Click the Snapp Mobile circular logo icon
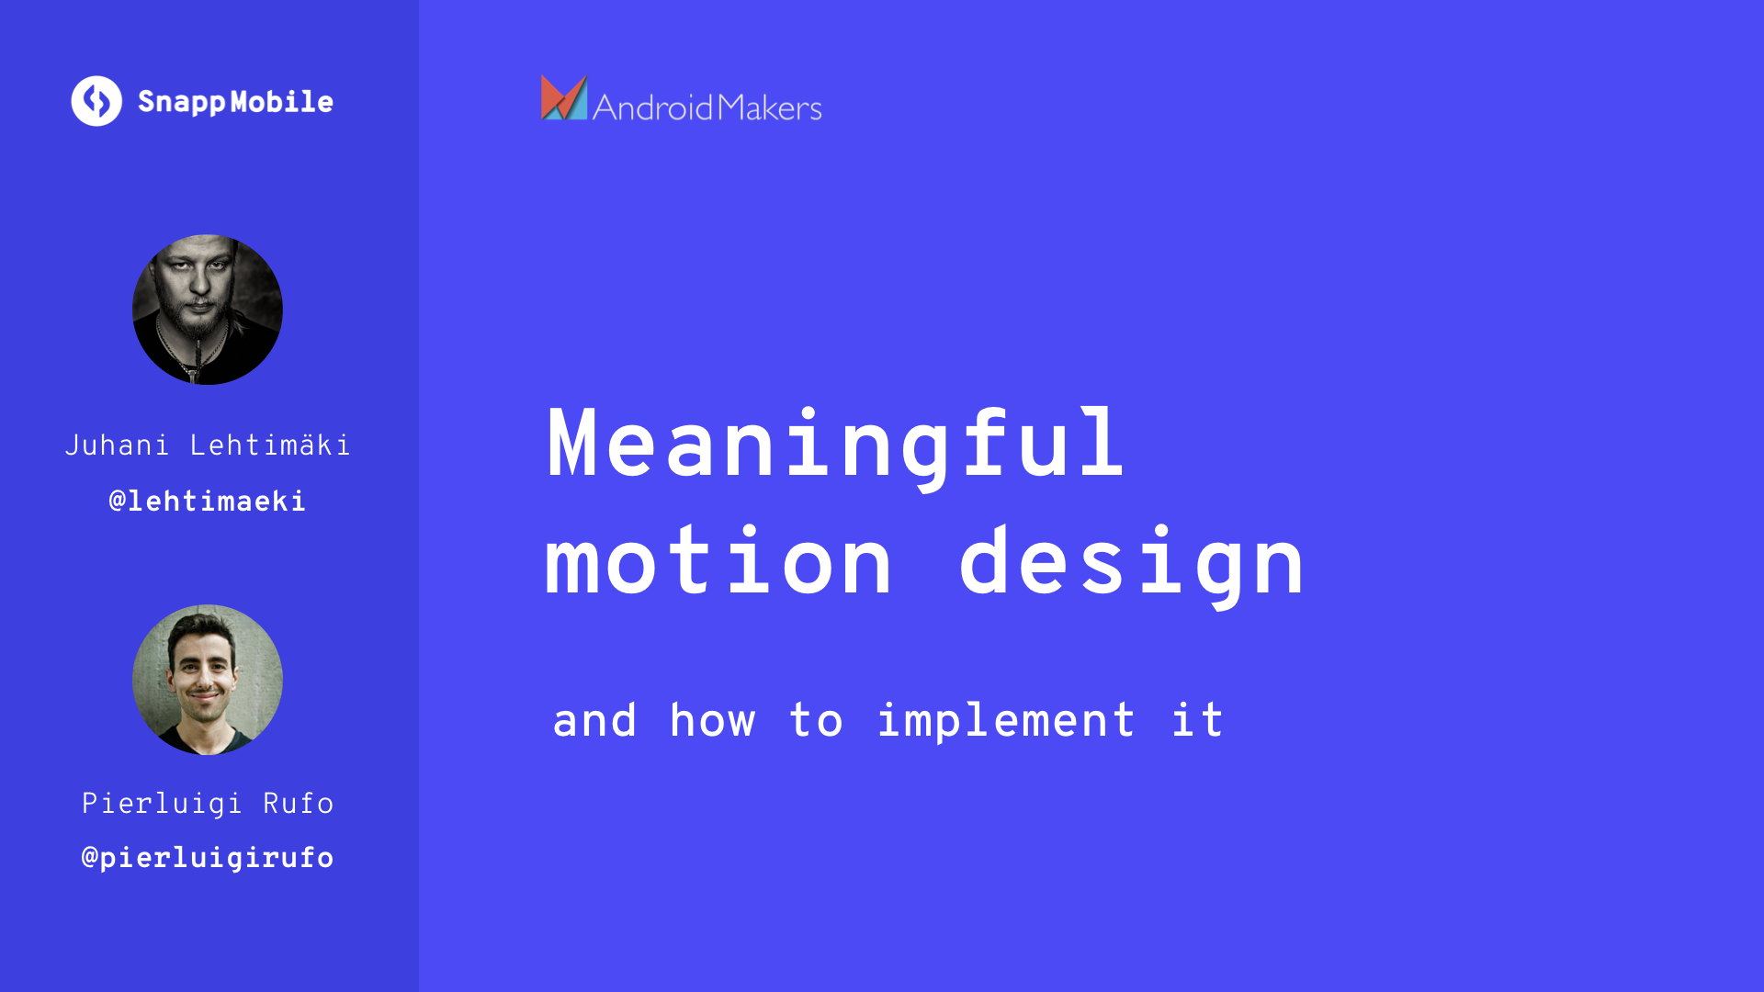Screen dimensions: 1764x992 point(96,101)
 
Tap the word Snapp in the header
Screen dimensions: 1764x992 point(182,103)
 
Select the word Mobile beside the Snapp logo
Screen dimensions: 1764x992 point(282,101)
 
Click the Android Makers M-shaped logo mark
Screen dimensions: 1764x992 point(564,97)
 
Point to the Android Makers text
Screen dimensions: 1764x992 point(707,107)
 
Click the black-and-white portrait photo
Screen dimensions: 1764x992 point(208,310)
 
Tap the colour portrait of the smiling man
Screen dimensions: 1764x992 point(208,680)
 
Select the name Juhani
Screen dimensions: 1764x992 point(117,445)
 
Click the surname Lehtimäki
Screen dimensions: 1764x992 point(270,445)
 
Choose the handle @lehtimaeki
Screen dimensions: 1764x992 point(208,501)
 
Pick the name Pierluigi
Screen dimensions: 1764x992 point(162,804)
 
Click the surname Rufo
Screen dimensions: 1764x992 point(299,803)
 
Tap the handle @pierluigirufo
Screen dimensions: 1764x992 point(208,858)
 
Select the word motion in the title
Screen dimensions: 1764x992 point(718,561)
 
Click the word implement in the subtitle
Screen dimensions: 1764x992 point(1007,721)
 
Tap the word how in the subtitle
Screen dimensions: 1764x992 point(713,719)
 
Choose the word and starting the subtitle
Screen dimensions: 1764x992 point(594,720)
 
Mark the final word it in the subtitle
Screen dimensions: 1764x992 point(1198,719)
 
